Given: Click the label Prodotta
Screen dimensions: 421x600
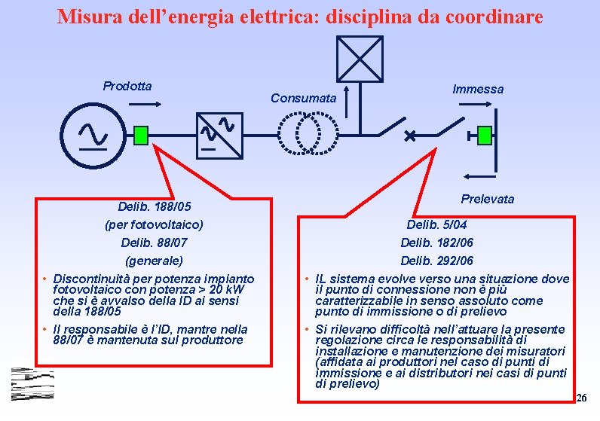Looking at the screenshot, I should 127,86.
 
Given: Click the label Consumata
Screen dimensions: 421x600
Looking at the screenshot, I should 303,98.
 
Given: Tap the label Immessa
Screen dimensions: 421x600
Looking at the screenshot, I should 478,89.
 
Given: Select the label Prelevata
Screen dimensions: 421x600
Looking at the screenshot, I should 487,199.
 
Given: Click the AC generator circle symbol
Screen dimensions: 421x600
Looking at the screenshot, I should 93,133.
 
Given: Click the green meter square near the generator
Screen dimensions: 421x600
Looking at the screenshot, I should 140,135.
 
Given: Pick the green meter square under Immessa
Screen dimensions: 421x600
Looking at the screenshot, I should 485,136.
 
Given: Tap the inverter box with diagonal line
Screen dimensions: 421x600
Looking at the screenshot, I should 219,136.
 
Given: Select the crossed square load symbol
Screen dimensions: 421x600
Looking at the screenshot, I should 360,59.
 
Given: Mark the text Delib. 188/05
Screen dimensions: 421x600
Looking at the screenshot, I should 155,206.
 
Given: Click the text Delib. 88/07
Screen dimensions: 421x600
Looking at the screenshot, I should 154,243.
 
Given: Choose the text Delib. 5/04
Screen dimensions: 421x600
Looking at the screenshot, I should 436,224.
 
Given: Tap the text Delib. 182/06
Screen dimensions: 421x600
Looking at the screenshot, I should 436,243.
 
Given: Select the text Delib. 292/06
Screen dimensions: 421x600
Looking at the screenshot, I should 436,261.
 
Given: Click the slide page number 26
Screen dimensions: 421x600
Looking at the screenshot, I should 580,397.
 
